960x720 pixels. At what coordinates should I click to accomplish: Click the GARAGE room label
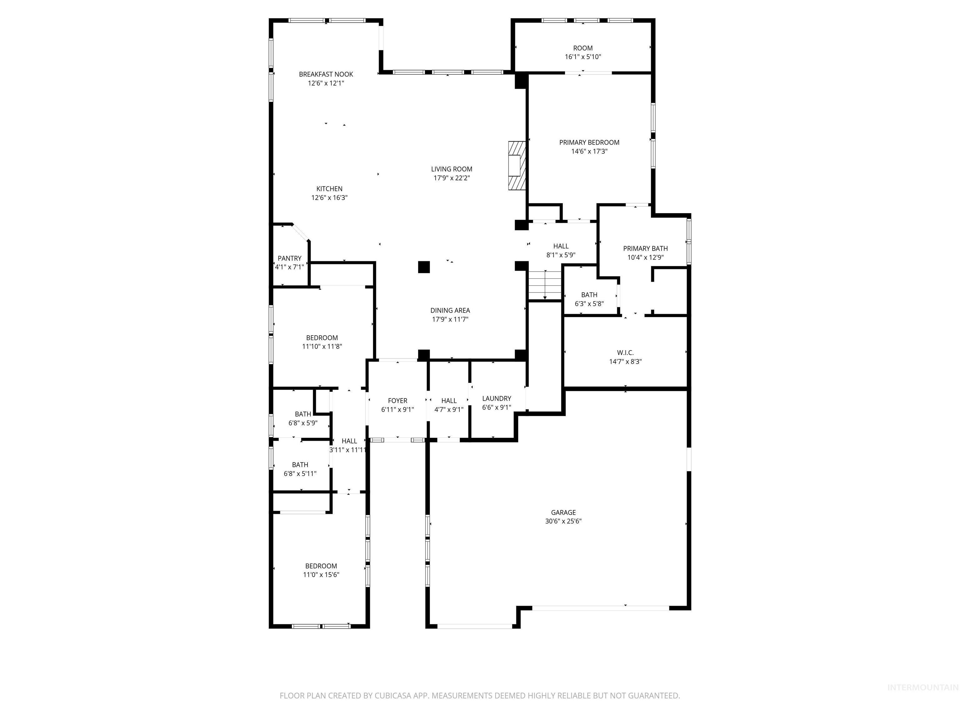[x=563, y=512]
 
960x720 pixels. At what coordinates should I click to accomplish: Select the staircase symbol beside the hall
[x=545, y=285]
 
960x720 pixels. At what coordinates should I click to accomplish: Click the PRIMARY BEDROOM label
[x=589, y=142]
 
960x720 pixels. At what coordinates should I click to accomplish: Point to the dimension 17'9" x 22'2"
[x=451, y=178]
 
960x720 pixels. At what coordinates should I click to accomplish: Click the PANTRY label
[x=289, y=258]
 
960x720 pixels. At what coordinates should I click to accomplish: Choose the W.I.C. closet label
[x=625, y=353]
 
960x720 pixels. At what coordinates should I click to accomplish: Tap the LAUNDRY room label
[x=497, y=398]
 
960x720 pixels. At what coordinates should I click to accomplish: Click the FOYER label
[x=397, y=401]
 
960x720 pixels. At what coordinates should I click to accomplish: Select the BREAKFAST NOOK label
[x=326, y=74]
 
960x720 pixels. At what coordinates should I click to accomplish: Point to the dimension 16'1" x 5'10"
[x=582, y=57]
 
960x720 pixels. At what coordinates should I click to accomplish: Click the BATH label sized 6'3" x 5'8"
[x=589, y=295]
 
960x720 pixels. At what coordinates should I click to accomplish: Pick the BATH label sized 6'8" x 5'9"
[x=303, y=414]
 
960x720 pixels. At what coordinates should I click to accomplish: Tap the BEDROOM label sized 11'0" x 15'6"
[x=321, y=566]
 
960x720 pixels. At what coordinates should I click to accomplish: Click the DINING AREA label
[x=450, y=310]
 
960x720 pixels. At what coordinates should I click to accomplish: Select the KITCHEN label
[x=329, y=189]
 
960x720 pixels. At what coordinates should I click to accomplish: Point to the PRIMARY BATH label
[x=645, y=248]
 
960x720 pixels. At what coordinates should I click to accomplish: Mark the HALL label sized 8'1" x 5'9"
[x=561, y=246]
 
